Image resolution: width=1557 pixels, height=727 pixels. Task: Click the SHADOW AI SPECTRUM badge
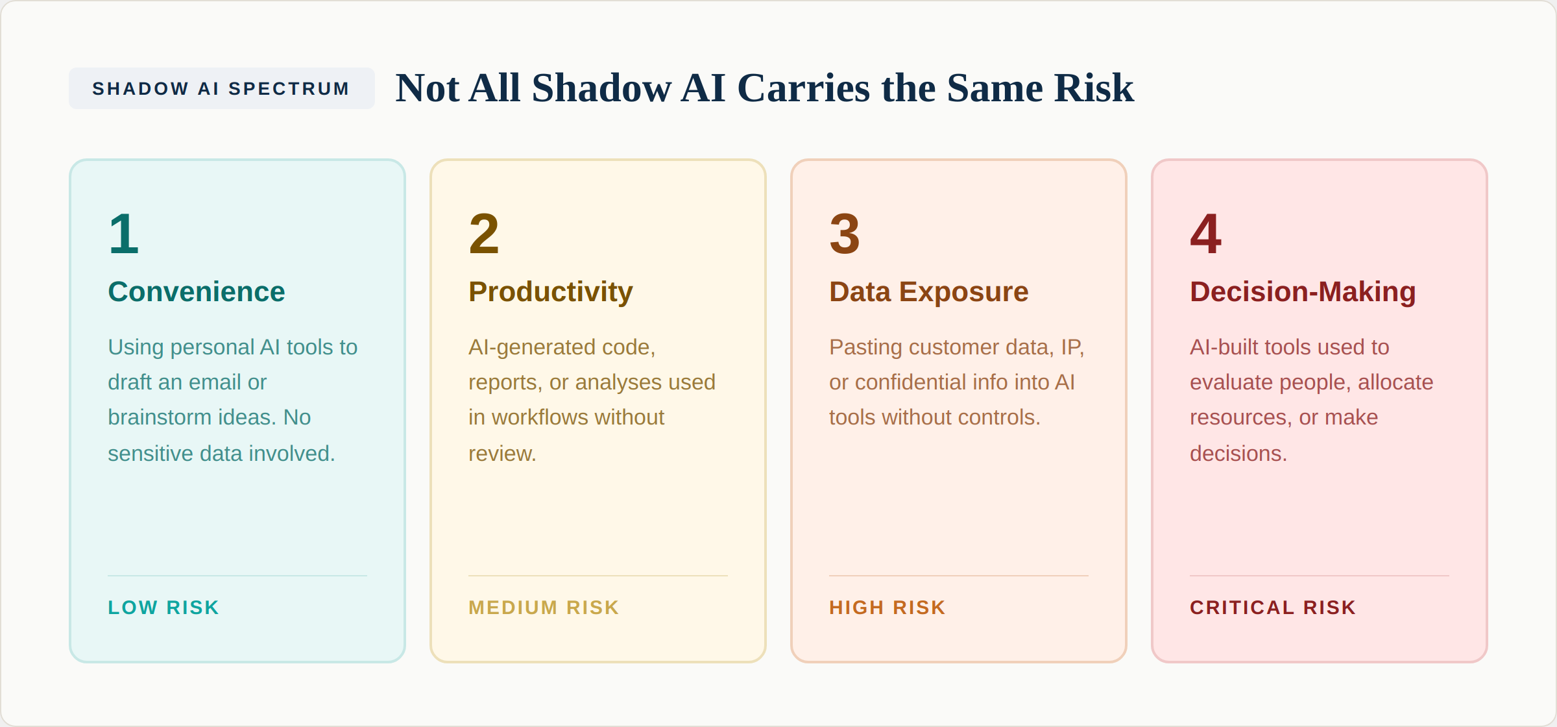pos(221,88)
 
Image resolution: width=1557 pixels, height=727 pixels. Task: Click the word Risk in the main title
pos(1094,88)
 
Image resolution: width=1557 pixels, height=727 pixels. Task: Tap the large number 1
pos(124,234)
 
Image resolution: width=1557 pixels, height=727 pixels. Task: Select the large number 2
pos(484,234)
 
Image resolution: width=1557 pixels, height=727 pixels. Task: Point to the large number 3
pos(845,234)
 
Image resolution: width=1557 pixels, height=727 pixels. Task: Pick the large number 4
pos(1205,234)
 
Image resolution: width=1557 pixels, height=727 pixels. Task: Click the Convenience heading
pos(196,291)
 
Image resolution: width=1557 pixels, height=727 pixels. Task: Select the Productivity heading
pos(550,291)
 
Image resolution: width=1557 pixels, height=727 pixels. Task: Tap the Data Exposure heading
pos(928,291)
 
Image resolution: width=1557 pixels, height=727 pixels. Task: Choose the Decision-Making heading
pos(1303,291)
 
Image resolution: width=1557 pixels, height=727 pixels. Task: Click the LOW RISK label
pos(163,608)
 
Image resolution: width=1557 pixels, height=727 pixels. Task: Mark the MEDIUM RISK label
pos(544,608)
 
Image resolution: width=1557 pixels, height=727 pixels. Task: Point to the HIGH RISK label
pos(887,608)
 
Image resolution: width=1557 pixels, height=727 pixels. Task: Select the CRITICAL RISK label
pos(1273,608)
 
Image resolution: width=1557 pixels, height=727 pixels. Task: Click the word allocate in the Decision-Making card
pos(1395,382)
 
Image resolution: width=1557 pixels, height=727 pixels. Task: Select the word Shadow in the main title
pos(601,88)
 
